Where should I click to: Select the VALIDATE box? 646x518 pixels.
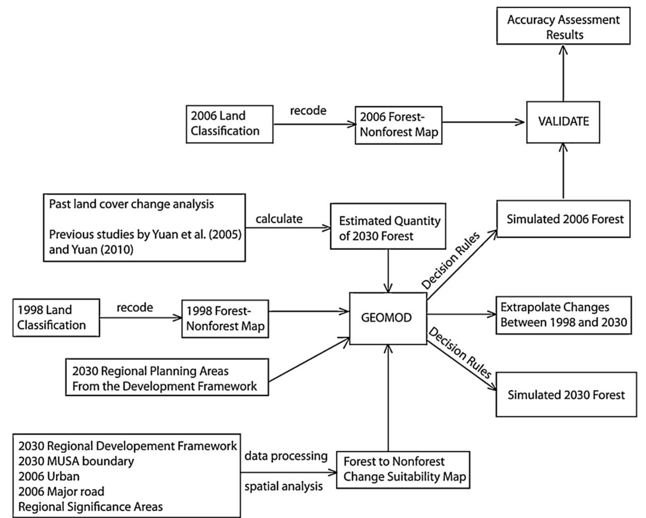tap(563, 122)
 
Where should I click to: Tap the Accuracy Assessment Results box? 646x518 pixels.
tap(563, 27)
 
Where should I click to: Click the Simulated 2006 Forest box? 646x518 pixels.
tap(563, 219)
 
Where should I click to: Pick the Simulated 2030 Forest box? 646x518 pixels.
tap(566, 395)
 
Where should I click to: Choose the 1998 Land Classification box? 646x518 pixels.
tap(56, 317)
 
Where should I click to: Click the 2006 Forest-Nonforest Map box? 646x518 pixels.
tap(398, 125)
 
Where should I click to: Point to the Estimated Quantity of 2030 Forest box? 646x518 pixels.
tap(388, 226)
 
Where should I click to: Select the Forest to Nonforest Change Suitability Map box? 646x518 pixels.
tap(403, 470)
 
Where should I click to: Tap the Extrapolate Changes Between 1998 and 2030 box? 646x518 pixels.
tap(563, 315)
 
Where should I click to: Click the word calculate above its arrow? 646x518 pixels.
tap(279, 219)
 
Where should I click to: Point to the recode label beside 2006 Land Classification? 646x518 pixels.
tap(308, 111)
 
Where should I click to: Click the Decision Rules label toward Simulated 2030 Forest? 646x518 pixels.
tap(460, 353)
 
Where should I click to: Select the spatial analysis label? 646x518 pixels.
tap(284, 486)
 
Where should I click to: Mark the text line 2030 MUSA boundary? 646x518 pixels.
tap(76, 461)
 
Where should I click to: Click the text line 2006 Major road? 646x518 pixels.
tap(61, 491)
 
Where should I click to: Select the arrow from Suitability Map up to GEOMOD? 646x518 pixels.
tap(388, 398)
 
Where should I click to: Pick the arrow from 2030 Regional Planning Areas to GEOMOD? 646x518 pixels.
tap(309, 360)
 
